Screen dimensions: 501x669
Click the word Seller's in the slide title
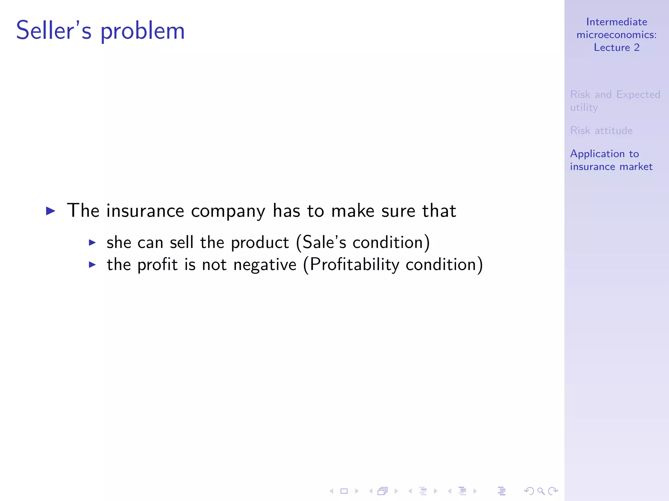(54, 30)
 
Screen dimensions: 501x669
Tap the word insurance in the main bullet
(145, 211)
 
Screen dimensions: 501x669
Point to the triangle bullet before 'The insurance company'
(50, 211)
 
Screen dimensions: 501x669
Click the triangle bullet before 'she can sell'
(92, 242)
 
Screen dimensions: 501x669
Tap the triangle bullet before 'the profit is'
(92, 265)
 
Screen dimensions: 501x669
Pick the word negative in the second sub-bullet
(265, 265)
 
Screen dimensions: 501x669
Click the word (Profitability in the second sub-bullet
(351, 265)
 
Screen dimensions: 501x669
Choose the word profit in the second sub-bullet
(157, 265)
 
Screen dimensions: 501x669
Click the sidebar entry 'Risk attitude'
(601, 130)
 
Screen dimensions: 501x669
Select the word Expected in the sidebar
(638, 95)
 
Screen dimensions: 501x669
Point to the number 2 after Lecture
(637, 48)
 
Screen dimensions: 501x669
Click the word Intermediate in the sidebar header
(616, 22)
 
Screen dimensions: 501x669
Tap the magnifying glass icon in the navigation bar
(541, 491)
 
